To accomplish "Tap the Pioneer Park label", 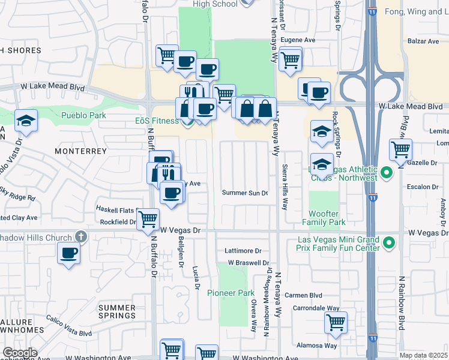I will click(231, 293).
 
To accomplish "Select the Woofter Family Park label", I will click(327, 218).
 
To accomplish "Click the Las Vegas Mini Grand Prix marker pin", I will click(388, 243).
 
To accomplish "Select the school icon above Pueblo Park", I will click(26, 121).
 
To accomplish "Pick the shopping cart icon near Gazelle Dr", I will click(400, 149).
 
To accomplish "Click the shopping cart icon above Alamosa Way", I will click(336, 322).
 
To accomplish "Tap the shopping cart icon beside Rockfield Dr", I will click(147, 219).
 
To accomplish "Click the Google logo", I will click(20, 353).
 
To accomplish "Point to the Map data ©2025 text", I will click(424, 355).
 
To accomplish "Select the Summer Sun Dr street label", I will click(244, 193).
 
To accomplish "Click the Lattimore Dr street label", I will click(243, 251).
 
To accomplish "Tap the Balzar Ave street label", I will click(424, 41).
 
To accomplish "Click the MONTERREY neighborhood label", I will click(81, 152).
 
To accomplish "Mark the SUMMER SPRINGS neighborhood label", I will click(117, 311).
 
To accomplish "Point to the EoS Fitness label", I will click(155, 121).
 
